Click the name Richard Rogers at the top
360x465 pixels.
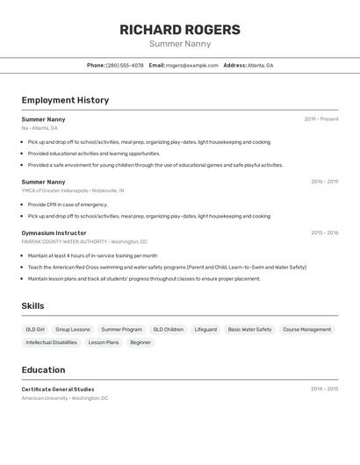click(180, 30)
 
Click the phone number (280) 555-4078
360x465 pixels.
click(125, 66)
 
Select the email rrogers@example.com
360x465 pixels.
click(192, 66)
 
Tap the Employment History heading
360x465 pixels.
click(65, 101)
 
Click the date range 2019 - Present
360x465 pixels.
click(321, 119)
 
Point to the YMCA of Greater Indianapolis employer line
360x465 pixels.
click(73, 190)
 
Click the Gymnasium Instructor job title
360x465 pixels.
click(54, 232)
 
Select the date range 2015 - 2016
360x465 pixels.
click(324, 232)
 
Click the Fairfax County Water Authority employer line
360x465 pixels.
click(84, 241)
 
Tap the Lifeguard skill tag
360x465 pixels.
click(205, 330)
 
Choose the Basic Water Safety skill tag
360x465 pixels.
click(249, 330)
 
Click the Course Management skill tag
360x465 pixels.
click(306, 330)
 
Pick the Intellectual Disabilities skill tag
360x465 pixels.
click(51, 343)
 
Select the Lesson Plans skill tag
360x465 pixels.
click(104, 343)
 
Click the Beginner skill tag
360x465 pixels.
click(140, 343)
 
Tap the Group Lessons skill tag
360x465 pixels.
click(73, 330)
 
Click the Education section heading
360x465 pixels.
click(43, 370)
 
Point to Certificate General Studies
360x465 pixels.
click(57, 389)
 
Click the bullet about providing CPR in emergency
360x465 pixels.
click(68, 204)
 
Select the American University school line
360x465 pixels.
click(65, 398)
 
